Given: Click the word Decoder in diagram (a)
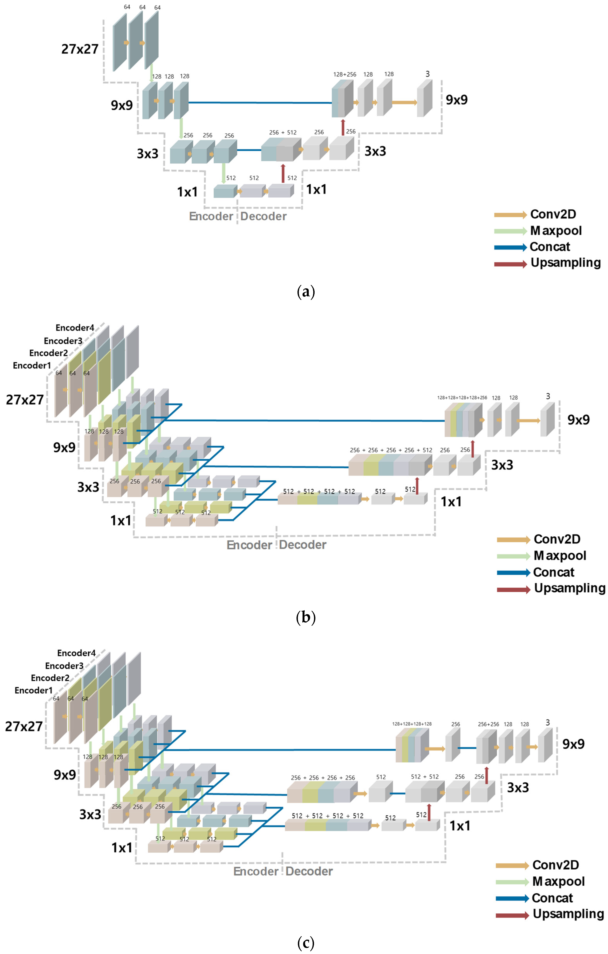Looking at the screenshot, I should (x=263, y=216).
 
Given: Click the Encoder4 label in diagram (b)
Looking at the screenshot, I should (x=75, y=328).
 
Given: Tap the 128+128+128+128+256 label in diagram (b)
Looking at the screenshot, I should (x=462, y=397).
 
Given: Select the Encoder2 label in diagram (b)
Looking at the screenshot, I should (x=48, y=353).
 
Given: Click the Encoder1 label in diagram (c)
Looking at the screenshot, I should (x=34, y=690).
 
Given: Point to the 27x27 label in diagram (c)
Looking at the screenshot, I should (x=24, y=726).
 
